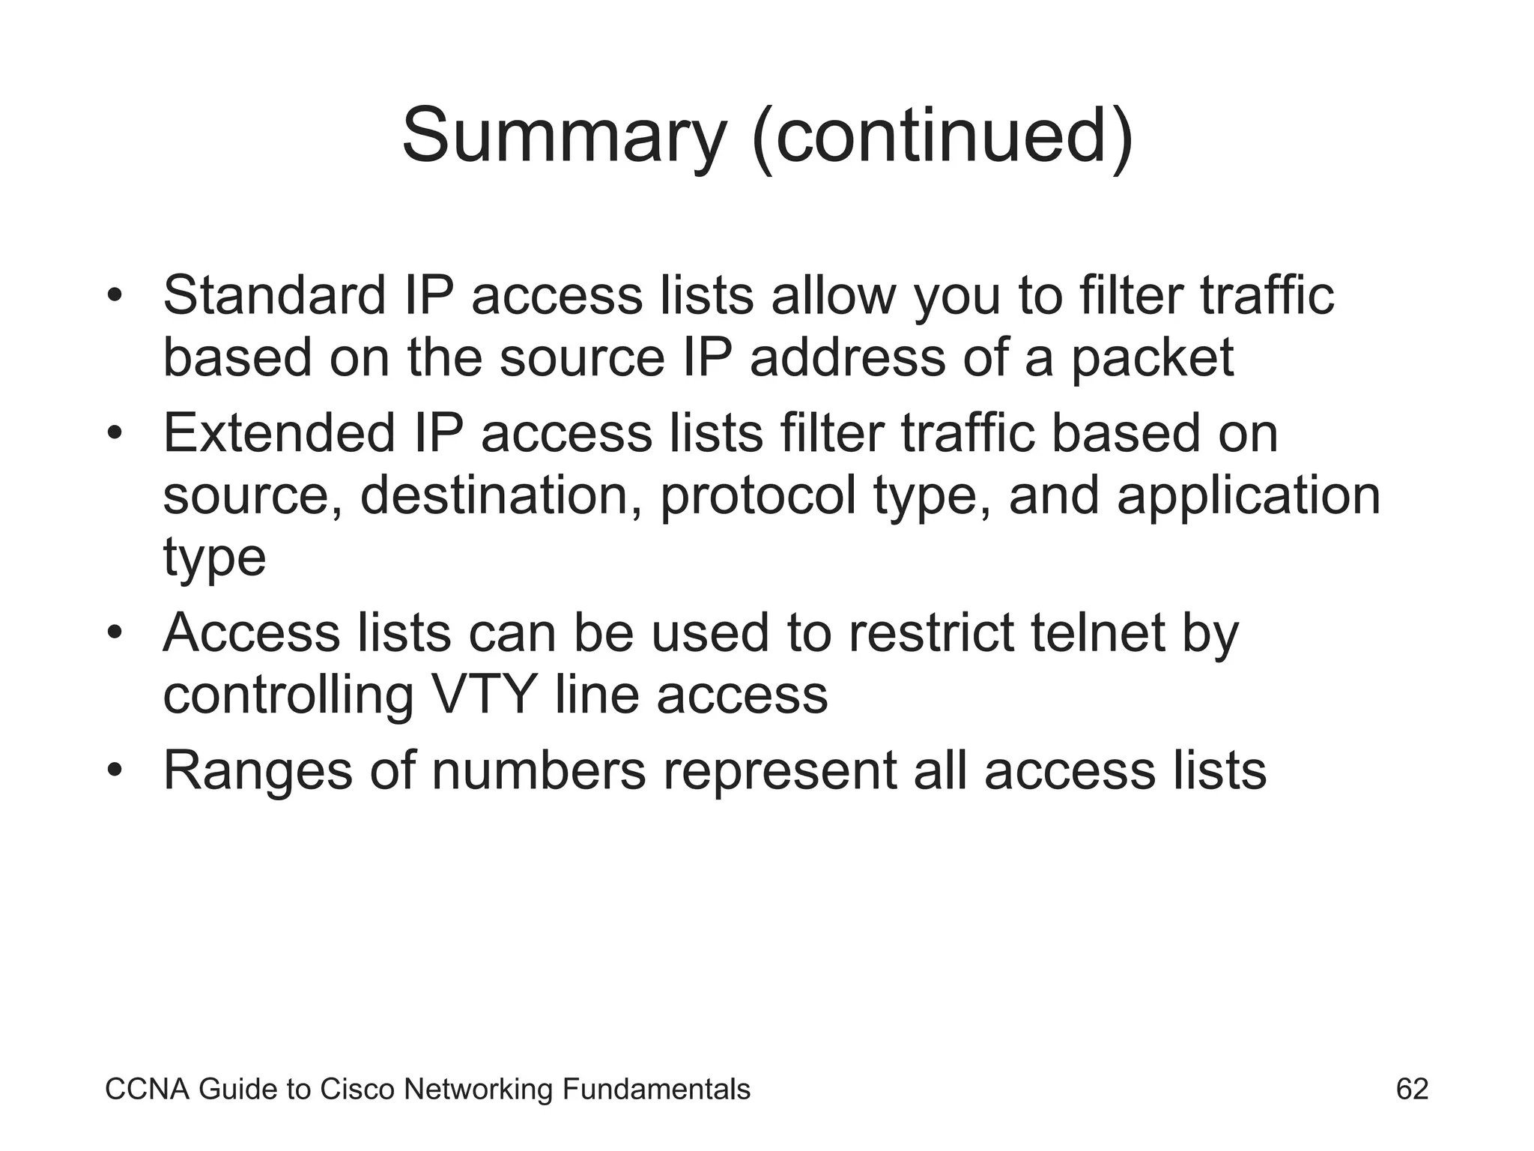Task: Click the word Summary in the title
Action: pos(563,136)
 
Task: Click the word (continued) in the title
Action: pos(942,136)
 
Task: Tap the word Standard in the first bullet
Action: pos(274,295)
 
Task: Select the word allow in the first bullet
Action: pos(833,295)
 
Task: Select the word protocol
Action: pos(757,497)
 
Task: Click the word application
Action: pos(1249,497)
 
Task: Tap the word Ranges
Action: pos(258,772)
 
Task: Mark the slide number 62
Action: pos(1412,1089)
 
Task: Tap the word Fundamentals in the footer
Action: pos(656,1090)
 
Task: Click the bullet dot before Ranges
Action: pos(114,771)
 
